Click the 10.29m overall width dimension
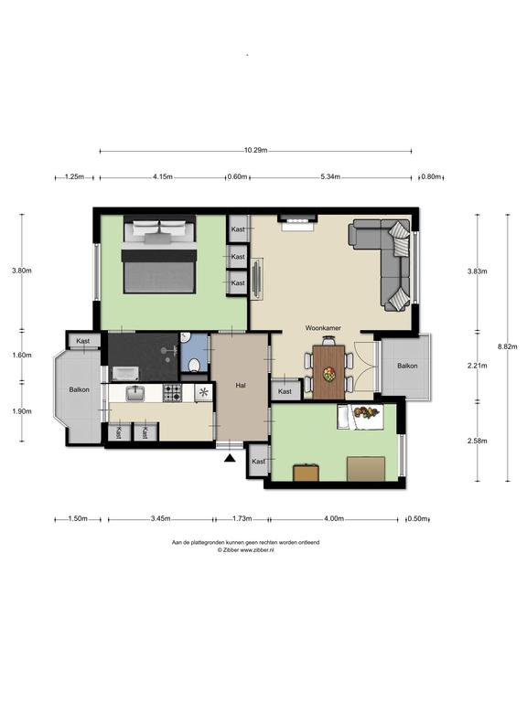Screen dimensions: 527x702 (x=256, y=151)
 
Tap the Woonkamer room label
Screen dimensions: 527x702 (x=323, y=328)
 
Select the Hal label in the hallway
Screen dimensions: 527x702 (x=241, y=385)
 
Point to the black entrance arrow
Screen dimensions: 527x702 (x=230, y=458)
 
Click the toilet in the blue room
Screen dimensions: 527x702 (x=195, y=365)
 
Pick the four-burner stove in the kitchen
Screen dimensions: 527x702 (x=173, y=393)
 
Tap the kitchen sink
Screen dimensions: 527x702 (x=134, y=393)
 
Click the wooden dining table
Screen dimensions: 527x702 (x=329, y=372)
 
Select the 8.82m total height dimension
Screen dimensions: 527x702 (x=508, y=346)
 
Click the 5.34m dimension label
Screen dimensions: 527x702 (x=330, y=176)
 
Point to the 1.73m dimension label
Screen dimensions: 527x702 (x=242, y=519)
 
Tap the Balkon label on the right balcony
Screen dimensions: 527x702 (x=407, y=367)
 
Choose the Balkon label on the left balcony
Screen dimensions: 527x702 (x=80, y=390)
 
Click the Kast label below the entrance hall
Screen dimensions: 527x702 (x=259, y=462)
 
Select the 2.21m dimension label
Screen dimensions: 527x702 (x=478, y=366)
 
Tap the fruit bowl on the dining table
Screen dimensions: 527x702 (x=329, y=373)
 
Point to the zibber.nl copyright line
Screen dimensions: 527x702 (x=246, y=550)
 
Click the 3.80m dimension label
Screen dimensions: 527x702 (x=22, y=271)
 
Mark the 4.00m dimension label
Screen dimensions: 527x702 (x=334, y=519)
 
